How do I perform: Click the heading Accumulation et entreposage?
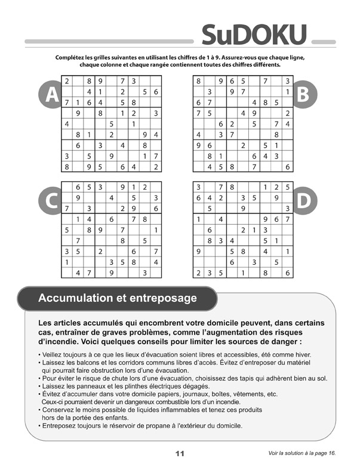pyautogui.click(x=117, y=297)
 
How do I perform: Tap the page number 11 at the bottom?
pyautogui.click(x=180, y=453)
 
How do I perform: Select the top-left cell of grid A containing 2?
pyautogui.click(x=66, y=81)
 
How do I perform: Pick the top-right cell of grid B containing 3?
pyautogui.click(x=288, y=81)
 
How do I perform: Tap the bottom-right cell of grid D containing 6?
pyautogui.click(x=288, y=274)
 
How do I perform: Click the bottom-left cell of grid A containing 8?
pyautogui.click(x=66, y=167)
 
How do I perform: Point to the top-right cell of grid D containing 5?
pyautogui.click(x=288, y=187)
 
